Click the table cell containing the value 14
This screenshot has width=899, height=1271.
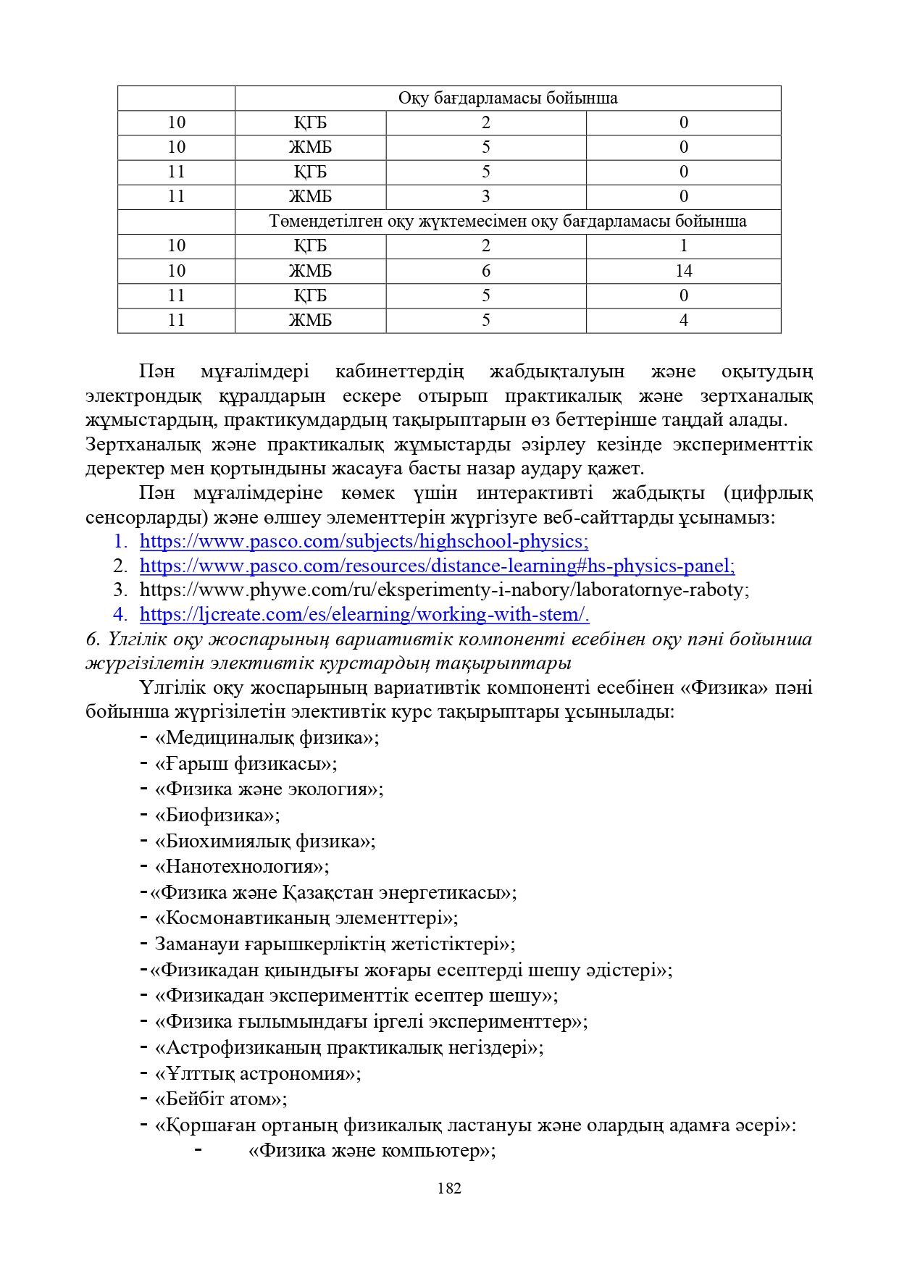click(683, 271)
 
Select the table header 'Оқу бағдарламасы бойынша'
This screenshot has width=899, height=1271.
click(507, 98)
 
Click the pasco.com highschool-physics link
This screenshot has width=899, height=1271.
click(364, 542)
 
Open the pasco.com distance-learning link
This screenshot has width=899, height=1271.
click(437, 566)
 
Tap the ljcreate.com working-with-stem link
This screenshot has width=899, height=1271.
click(364, 615)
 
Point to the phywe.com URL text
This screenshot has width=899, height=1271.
click(443, 590)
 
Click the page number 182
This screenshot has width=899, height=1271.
click(449, 1188)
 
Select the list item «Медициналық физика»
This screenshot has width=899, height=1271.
click(267, 738)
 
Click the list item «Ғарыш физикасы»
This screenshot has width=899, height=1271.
click(246, 763)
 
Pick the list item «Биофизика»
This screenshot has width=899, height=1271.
click(217, 815)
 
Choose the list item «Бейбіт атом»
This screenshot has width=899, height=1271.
click(221, 1099)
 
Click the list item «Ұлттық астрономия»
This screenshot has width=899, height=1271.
click(257, 1073)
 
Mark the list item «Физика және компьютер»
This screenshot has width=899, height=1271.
click(371, 1151)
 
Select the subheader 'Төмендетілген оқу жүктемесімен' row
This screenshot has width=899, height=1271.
click(507, 222)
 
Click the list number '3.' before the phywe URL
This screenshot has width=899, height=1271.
click(120, 590)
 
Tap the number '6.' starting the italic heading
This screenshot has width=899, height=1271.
click(93, 639)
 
